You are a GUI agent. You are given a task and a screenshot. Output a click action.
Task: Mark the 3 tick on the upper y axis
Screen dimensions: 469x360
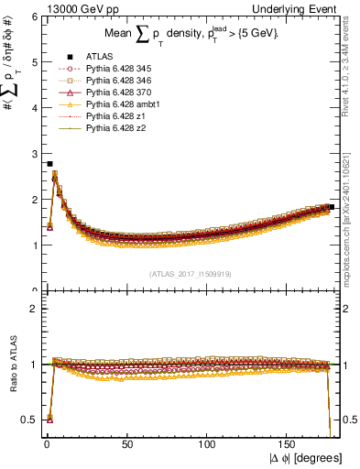point(34,154)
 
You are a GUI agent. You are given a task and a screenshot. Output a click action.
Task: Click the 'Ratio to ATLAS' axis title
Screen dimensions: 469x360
point(13,365)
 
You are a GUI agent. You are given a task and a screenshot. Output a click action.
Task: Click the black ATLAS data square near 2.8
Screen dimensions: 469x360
point(49,164)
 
